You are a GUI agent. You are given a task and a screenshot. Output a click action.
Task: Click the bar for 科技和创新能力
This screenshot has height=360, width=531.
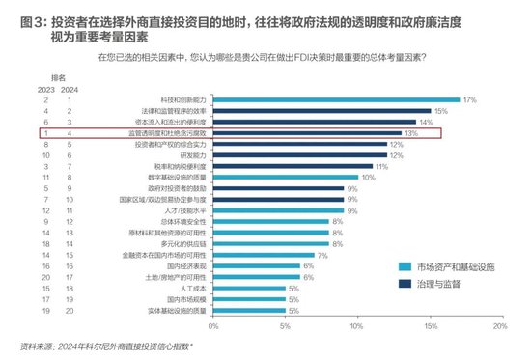(337, 99)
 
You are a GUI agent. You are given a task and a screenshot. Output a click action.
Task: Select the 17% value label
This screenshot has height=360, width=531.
(470, 99)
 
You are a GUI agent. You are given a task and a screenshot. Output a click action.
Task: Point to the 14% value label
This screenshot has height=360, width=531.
(426, 123)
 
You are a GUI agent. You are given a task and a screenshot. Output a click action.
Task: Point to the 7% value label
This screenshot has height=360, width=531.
(322, 256)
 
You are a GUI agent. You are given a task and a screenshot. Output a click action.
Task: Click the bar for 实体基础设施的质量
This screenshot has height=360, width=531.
(248, 312)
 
